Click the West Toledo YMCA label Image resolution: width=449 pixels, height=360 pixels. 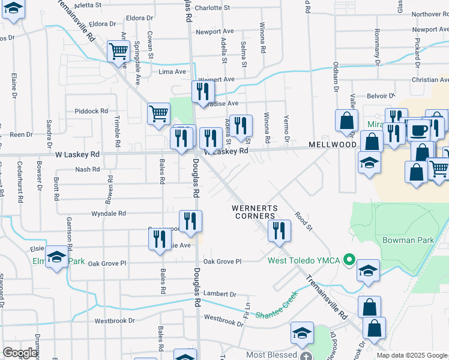[304, 260]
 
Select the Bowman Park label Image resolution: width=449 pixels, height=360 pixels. [408, 240]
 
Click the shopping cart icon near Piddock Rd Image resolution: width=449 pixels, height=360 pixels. [158, 113]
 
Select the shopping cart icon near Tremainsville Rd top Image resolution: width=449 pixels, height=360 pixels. [118, 51]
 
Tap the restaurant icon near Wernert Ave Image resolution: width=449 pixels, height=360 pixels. [203, 91]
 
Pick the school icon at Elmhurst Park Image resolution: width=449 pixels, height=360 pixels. [56, 257]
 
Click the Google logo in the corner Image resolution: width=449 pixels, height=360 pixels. [20, 353]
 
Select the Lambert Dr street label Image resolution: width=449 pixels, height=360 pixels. [220, 294]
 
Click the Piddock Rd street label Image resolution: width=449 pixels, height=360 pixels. [91, 111]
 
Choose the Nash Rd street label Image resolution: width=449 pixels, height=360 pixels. [88, 170]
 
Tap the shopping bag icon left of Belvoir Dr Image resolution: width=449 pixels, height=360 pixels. [347, 121]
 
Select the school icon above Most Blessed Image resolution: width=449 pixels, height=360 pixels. [303, 332]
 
